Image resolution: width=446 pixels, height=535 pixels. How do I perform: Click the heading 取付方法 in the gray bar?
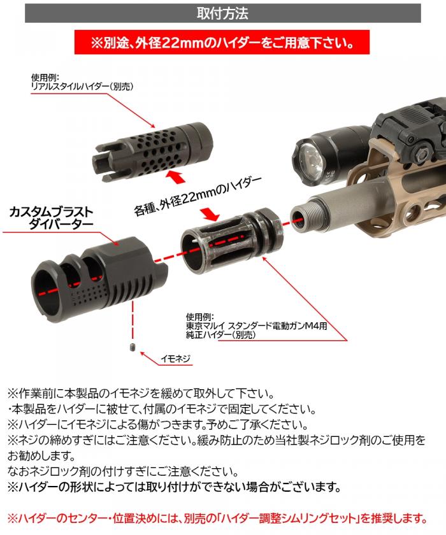222,13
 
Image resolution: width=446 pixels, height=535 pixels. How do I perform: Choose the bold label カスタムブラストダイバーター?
50,217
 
